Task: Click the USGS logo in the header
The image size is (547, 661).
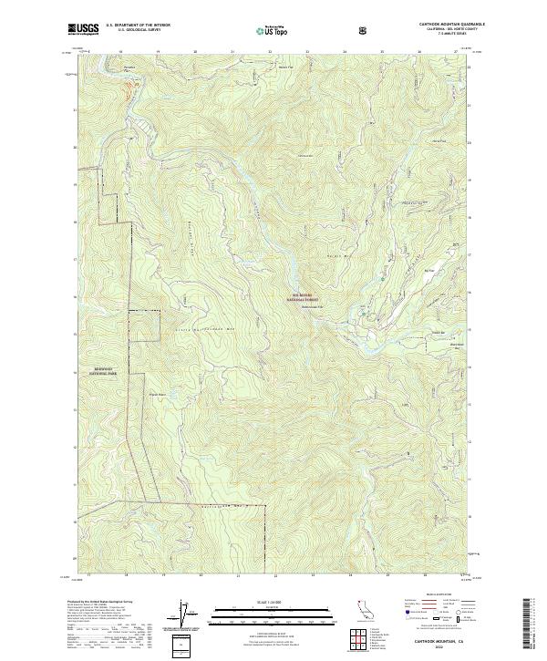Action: (83, 28)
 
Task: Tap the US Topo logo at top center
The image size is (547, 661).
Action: (273, 28)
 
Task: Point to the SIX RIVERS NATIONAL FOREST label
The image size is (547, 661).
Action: (304, 297)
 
